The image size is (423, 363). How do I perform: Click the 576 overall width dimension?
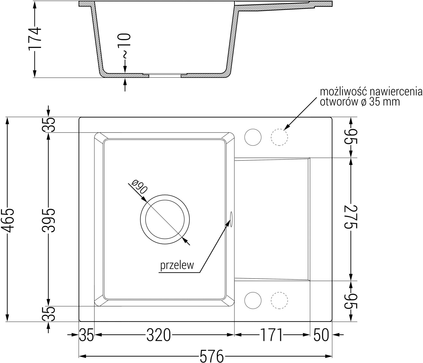point(212,356)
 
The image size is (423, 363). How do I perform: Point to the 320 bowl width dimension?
point(159,335)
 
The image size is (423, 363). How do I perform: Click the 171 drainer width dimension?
point(271,335)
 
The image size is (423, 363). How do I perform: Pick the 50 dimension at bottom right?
point(321,335)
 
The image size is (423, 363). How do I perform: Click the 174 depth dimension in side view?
point(35,38)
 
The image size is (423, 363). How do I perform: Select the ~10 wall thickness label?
point(125,46)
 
